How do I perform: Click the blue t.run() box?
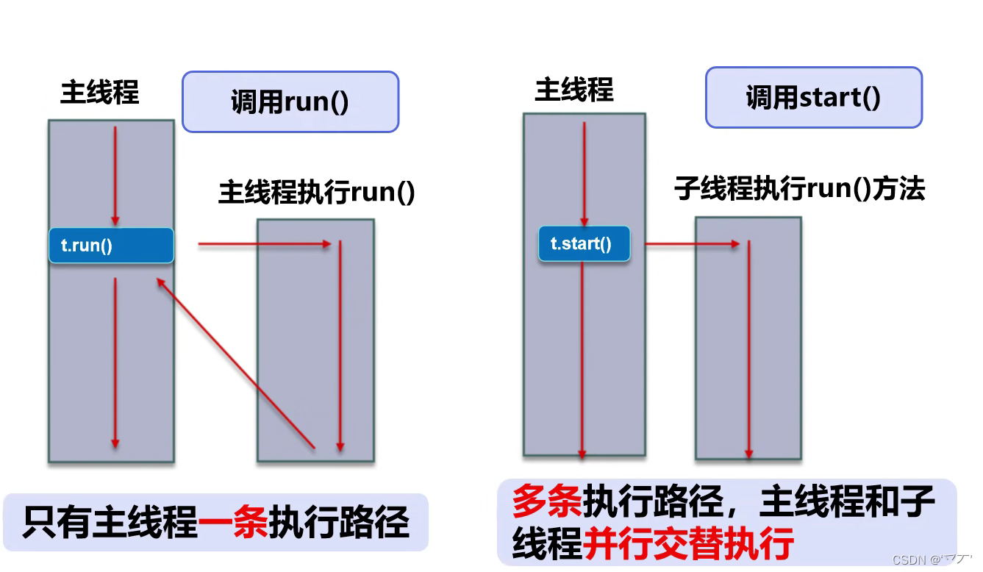point(111,246)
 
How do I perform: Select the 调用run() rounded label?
point(290,101)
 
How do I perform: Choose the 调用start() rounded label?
point(813,97)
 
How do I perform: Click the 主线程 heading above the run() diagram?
point(99,93)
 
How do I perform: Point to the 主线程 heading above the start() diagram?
point(573,90)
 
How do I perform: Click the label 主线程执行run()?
point(317,193)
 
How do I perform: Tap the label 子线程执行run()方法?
point(799,189)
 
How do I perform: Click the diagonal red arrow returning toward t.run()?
point(235,361)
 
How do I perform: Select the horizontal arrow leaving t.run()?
point(265,244)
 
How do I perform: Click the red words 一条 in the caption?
point(234,523)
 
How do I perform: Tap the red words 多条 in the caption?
point(546,502)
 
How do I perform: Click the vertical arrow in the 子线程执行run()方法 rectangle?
point(748,349)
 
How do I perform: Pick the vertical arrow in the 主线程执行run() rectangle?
point(340,346)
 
